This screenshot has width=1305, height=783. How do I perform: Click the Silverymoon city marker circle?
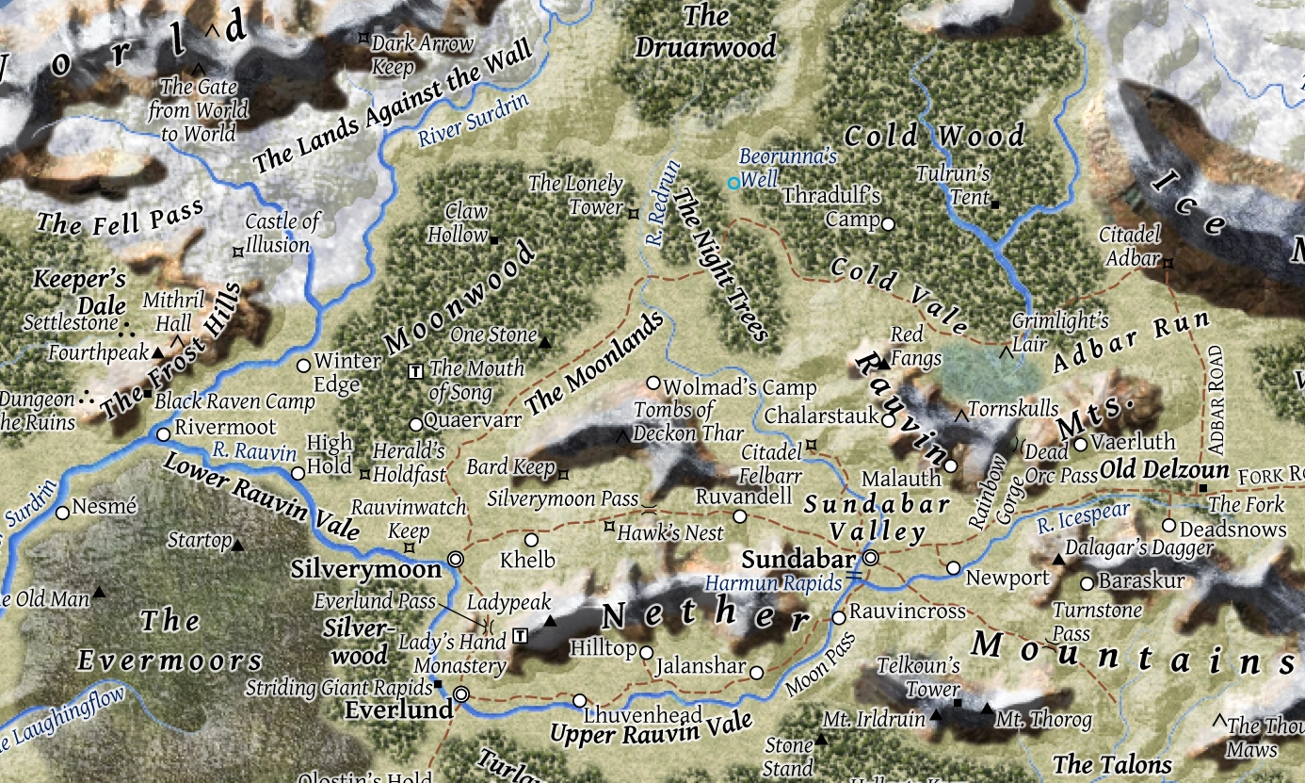[x=457, y=559]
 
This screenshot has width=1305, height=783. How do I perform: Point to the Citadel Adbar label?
[x=1130, y=244]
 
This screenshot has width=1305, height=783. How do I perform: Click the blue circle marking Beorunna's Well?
[x=733, y=184]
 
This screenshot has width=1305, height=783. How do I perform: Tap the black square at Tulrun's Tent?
[x=994, y=200]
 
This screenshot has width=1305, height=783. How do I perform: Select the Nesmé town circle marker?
[x=62, y=513]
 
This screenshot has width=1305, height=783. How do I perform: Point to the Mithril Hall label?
[x=172, y=311]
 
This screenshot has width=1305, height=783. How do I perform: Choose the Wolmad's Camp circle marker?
[x=653, y=383]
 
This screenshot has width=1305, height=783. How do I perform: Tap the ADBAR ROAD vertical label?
[x=1216, y=398]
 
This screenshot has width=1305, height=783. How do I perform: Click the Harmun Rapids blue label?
[x=773, y=584]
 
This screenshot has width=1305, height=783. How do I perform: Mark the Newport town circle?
[x=953, y=568]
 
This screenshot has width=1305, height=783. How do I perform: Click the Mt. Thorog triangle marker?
[x=986, y=709]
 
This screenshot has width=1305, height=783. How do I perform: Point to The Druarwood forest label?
[x=706, y=31]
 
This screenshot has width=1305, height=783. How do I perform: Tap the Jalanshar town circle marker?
[x=756, y=672]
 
